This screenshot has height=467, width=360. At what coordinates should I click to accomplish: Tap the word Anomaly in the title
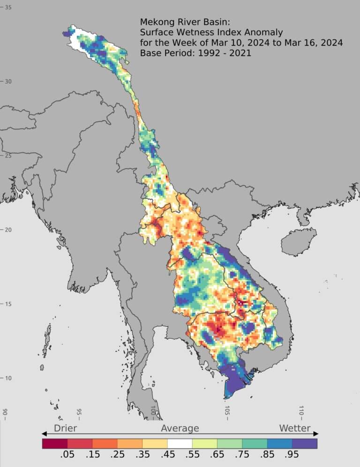[x=266, y=32]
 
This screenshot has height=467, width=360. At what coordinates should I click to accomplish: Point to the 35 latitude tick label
[x=8, y=8]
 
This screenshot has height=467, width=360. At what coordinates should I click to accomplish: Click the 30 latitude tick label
[x=8, y=82]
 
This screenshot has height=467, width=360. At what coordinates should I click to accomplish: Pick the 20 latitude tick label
[x=8, y=230]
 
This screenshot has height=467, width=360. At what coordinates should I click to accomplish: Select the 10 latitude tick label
[x=8, y=378]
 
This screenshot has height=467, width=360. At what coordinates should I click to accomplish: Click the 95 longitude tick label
[x=79, y=412]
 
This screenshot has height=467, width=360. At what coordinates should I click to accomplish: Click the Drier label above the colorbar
[x=65, y=428]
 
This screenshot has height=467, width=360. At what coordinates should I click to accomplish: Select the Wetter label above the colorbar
[x=295, y=428]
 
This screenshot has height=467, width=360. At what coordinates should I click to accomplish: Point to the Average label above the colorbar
[x=180, y=428]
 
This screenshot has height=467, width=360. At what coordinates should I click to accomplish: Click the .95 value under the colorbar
[x=292, y=454]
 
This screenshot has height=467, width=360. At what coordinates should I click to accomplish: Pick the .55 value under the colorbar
[x=192, y=454]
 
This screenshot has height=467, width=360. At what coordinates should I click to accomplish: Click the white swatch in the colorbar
[x=180, y=443]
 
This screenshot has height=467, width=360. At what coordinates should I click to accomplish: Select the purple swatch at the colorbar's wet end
[x=305, y=443]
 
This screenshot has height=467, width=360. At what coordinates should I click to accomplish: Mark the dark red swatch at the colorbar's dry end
[x=54, y=443]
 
